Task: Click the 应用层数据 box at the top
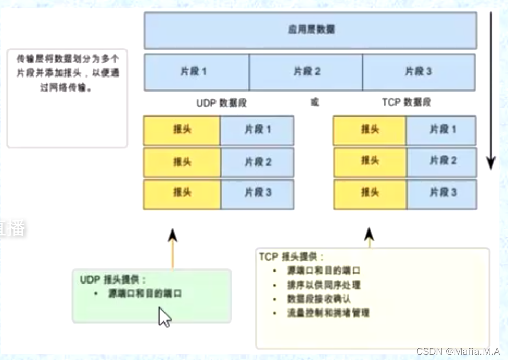pos(311,30)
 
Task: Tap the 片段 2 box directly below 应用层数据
pos(306,72)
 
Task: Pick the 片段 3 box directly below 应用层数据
pos(418,72)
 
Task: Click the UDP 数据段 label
pos(221,102)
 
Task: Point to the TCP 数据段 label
pos(407,102)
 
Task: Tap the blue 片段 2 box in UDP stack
pos(257,162)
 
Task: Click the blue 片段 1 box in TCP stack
pos(441,130)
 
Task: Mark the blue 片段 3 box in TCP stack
pos(441,193)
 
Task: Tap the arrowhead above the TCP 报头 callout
pos(369,234)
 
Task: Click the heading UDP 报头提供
pos(113,280)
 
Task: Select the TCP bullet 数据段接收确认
pos(320,299)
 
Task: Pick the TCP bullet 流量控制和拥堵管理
pos(328,313)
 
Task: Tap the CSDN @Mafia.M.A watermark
pos(458,351)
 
